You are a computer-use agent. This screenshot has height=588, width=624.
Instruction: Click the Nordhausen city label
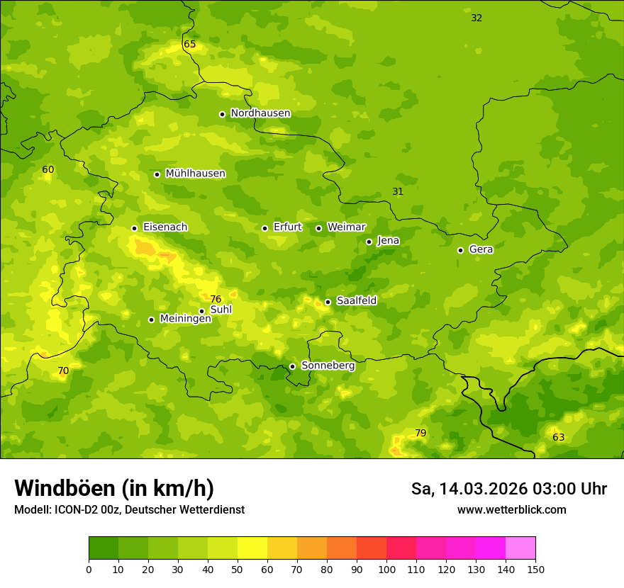[x=260, y=113]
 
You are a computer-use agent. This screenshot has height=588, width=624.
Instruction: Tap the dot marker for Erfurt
[x=264, y=228]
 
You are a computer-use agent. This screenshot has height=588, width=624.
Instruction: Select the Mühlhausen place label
[x=195, y=174]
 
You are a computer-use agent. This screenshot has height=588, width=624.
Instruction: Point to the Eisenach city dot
[x=134, y=228]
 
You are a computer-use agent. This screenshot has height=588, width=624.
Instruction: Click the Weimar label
[x=346, y=227]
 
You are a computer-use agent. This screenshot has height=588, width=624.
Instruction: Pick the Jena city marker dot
[x=369, y=242]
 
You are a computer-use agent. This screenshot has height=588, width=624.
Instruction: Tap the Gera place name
[x=481, y=249]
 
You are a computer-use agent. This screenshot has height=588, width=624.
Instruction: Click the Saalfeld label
[x=356, y=301]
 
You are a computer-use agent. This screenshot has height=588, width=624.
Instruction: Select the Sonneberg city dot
[x=292, y=366]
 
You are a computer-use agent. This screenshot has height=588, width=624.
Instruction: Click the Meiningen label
[x=185, y=319]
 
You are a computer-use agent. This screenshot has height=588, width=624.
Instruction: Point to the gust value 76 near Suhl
[x=216, y=299]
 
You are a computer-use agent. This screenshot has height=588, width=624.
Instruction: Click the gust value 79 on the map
[x=420, y=433]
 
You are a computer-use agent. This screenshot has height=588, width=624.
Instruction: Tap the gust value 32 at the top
[x=477, y=18]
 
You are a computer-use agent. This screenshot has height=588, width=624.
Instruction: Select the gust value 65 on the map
[x=189, y=44]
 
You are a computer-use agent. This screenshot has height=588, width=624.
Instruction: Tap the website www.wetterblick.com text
[x=511, y=509]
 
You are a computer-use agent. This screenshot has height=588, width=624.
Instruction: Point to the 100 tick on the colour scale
[x=386, y=569]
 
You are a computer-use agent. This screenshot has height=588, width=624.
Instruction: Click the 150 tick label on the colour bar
[x=535, y=569]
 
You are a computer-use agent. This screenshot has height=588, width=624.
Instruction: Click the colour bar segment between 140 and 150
[x=520, y=548]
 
